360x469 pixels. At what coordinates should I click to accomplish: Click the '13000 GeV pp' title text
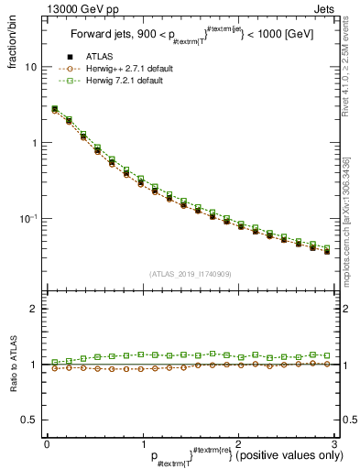point(82,8)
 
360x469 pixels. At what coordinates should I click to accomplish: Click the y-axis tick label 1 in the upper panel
point(33,144)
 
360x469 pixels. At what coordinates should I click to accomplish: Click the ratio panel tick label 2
point(33,310)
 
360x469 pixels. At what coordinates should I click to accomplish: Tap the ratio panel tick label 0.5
point(28,420)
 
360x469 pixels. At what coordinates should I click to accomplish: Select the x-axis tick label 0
point(47,443)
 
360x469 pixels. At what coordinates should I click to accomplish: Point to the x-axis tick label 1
point(143,443)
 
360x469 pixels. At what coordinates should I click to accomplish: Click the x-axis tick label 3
point(334,443)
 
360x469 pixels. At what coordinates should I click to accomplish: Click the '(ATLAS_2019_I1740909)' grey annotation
point(190,273)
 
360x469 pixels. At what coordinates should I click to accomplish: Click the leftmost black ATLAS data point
point(54,110)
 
